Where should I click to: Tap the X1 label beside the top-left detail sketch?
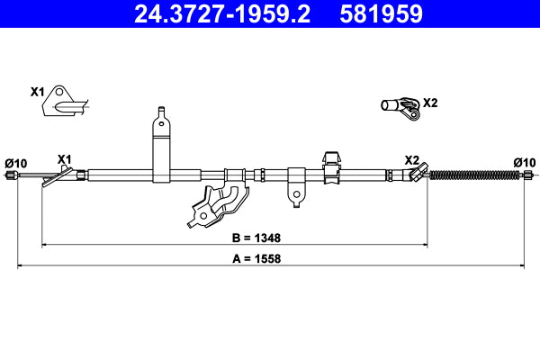tap(37, 92)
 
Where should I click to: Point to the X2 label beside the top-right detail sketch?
tap(429, 102)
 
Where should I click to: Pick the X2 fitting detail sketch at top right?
tap(400, 107)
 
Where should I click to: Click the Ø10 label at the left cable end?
tap(16, 163)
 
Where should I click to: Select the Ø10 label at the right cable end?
tap(524, 162)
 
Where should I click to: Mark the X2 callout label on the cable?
tap(411, 159)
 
